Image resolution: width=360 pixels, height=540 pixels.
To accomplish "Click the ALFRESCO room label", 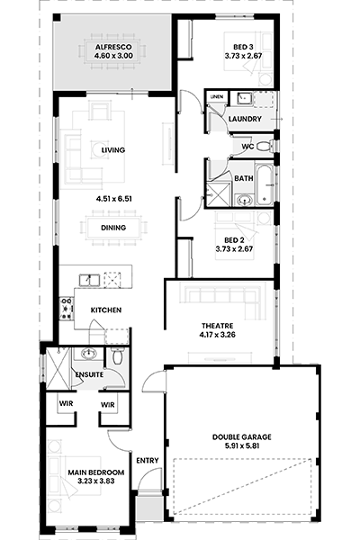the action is point(113,47).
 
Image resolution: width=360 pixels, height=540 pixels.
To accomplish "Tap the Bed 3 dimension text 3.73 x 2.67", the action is point(244,56).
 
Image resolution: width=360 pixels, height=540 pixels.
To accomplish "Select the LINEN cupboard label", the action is point(217,97).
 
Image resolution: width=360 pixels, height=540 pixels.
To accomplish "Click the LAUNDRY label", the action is point(245,119).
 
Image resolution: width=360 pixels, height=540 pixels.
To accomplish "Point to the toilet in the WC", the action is point(265,147).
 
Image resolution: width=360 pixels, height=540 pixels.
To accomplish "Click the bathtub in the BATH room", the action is point(265,184).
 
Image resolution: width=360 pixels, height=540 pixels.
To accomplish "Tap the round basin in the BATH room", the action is point(245,200).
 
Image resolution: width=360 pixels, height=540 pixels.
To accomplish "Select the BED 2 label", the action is point(234,240).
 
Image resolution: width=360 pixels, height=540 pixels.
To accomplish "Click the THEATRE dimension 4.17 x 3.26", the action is point(218,335).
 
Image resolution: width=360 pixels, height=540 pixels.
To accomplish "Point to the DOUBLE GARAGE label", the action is point(242,437).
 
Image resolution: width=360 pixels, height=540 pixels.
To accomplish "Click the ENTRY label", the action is point(148,461).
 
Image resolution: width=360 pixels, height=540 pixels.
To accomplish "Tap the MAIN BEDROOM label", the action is point(96,472).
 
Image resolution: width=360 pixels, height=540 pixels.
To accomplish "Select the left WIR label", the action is point(66,403).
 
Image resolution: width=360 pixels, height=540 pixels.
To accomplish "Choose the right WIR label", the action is point(108,405).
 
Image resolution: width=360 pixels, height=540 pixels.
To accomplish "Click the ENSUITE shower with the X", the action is point(58,368).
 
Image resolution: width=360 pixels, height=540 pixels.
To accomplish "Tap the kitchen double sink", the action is point(89,280).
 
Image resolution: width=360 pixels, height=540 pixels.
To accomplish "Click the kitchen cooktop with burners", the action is point(66,309).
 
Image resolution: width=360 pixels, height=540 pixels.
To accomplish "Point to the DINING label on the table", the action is point(113,228).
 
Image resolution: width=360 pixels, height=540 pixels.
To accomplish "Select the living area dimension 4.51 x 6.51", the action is point(114,199).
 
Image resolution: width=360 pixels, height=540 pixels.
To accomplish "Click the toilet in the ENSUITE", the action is point(118,355).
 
